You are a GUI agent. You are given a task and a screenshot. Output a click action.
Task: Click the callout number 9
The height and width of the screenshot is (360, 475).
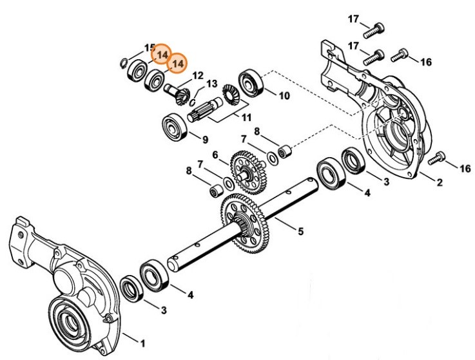[x=204, y=138]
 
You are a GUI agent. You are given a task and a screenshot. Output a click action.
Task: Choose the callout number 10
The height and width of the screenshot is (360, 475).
[x=284, y=96]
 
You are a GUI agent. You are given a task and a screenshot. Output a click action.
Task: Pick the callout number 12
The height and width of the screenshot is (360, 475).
[x=197, y=75]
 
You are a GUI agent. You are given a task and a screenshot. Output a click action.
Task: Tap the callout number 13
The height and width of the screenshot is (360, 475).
[x=211, y=84]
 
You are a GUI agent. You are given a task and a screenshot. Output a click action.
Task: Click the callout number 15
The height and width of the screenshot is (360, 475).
[x=150, y=48]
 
